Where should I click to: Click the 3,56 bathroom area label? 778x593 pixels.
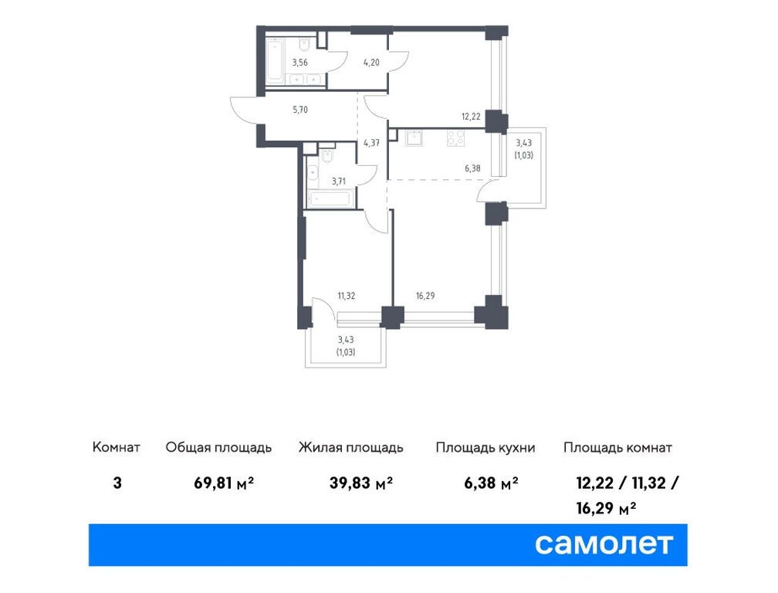click(299, 63)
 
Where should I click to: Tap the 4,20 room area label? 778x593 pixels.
click(371, 63)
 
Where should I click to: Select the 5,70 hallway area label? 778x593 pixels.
click(299, 110)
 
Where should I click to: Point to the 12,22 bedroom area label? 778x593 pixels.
click(470, 117)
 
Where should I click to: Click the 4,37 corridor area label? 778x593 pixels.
click(371, 143)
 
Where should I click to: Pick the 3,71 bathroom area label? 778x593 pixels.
click(338, 181)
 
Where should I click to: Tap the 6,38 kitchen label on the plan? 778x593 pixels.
click(472, 169)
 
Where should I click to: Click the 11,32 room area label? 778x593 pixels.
click(347, 296)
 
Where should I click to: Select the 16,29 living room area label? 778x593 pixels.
click(425, 296)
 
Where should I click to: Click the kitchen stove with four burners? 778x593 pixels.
click(455, 138)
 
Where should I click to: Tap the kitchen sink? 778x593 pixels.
click(414, 138)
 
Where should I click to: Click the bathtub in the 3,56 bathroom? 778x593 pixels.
click(275, 61)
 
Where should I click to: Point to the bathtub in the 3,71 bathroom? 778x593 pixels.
click(331, 199)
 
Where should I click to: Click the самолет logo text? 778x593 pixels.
click(604, 544)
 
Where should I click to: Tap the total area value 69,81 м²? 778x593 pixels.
click(224, 483)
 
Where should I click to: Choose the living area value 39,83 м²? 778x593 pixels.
click(361, 483)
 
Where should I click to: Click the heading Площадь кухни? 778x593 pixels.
click(485, 448)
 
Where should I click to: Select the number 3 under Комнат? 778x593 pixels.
click(117, 483)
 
